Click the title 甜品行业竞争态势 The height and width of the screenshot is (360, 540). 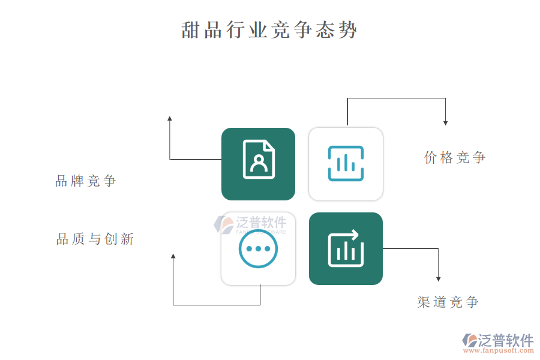pyautogui.click(x=269, y=29)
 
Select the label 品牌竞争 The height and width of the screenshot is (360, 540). pyautogui.click(x=86, y=181)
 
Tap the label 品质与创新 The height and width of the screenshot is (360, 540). pyautogui.click(x=95, y=239)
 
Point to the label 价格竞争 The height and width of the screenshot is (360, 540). pyautogui.click(x=455, y=157)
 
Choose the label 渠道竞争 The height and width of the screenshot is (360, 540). pyautogui.click(x=448, y=302)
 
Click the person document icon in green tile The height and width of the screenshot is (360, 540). pyautogui.click(x=259, y=159)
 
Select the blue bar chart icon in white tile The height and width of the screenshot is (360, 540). pyautogui.click(x=346, y=163)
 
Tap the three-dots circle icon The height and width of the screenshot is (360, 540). pyautogui.click(x=258, y=249)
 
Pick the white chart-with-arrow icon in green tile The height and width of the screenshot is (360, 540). pyautogui.click(x=346, y=248)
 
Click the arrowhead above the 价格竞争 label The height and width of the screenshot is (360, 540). pyautogui.click(x=445, y=123)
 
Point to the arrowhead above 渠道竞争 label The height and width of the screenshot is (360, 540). pyautogui.click(x=439, y=279)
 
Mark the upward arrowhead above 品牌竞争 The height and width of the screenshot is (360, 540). pyautogui.click(x=169, y=119)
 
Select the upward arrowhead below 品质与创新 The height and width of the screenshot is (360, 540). pyautogui.click(x=173, y=256)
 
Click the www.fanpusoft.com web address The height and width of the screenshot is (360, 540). pyautogui.click(x=499, y=350)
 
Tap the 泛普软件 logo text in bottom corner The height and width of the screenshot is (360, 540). pyautogui.click(x=506, y=340)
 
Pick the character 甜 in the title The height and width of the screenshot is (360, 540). pyautogui.click(x=190, y=30)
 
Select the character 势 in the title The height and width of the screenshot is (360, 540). pyautogui.click(x=348, y=30)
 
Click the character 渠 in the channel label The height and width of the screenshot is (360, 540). pyautogui.click(x=423, y=302)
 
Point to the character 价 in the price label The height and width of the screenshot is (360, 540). pyautogui.click(x=430, y=157)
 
